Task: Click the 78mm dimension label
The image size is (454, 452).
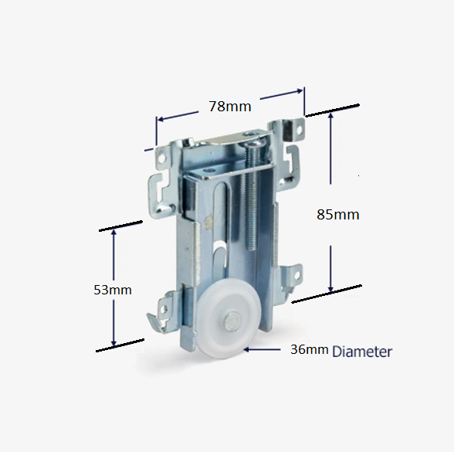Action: pos(228,107)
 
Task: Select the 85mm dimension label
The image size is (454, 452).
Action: pos(338,214)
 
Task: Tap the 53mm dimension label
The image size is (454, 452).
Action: pos(113,290)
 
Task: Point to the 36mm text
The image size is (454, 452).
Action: pos(309,350)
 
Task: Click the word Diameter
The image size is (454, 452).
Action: pos(362,352)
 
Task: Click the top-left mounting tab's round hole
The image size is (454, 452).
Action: pos(164,158)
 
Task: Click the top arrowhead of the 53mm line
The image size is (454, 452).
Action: pos(113,233)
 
